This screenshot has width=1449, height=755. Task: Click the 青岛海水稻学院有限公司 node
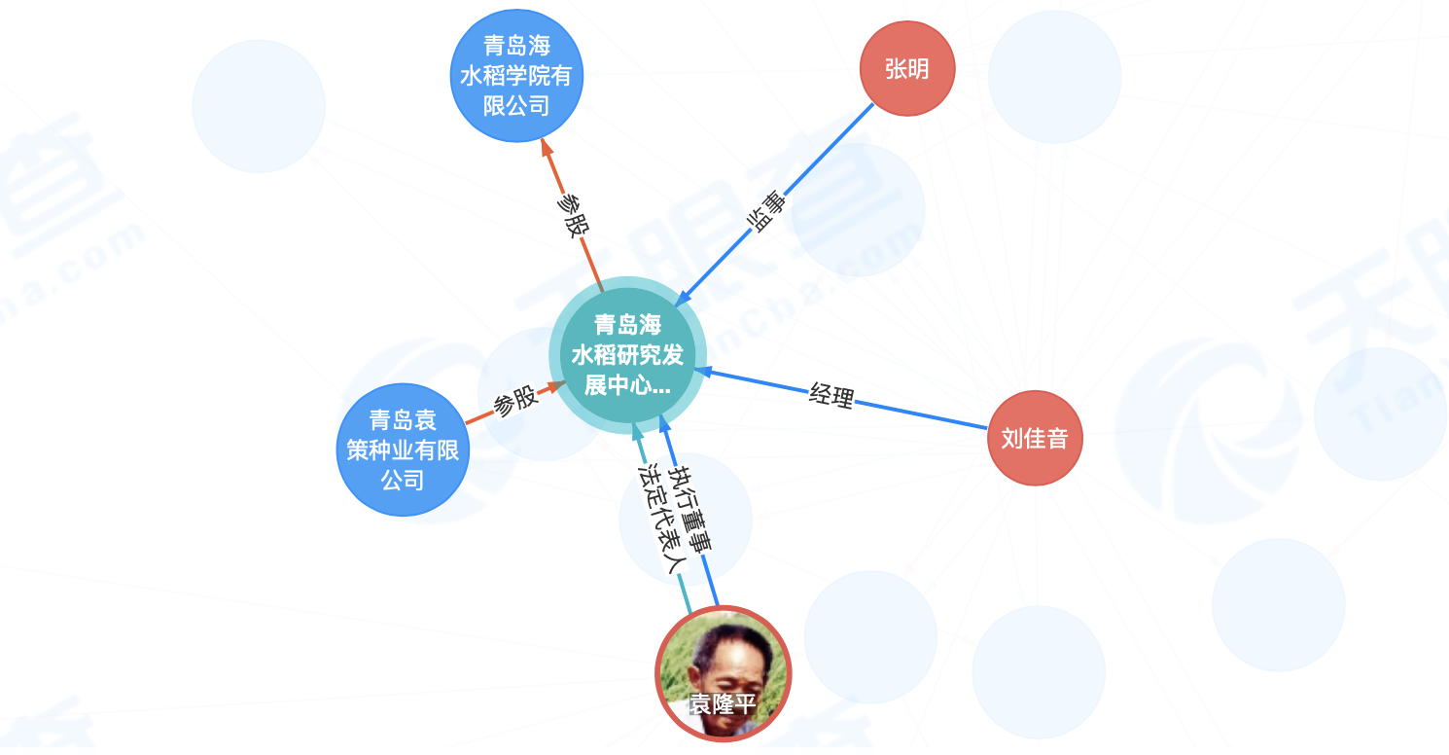pyautogui.click(x=516, y=76)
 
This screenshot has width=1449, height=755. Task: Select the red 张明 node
pyautogui.click(x=907, y=68)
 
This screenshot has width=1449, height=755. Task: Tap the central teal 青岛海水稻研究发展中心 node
pyautogui.click(x=627, y=355)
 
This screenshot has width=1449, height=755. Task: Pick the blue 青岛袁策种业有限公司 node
pyautogui.click(x=403, y=449)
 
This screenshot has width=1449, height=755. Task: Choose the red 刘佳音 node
pyautogui.click(x=1035, y=438)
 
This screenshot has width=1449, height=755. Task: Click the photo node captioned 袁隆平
pyautogui.click(x=724, y=673)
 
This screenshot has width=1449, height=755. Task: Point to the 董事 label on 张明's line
pyautogui.click(x=767, y=211)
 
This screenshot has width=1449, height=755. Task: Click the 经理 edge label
pyautogui.click(x=831, y=395)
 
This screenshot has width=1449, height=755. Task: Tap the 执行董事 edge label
pyautogui.click(x=690, y=509)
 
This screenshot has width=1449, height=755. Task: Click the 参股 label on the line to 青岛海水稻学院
pyautogui.click(x=573, y=215)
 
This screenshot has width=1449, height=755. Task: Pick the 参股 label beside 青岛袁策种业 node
pyautogui.click(x=515, y=401)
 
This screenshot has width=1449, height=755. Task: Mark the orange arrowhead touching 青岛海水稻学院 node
pyautogui.click(x=547, y=147)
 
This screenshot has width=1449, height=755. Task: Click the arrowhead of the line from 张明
pyautogui.click(x=683, y=299)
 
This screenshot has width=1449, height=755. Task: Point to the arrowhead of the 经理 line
pyautogui.click(x=702, y=372)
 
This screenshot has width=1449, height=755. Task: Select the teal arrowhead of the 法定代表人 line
pyautogui.click(x=637, y=432)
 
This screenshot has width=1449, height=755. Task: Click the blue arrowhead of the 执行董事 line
pyautogui.click(x=664, y=425)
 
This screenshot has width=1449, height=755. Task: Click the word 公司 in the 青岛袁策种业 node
pyautogui.click(x=403, y=480)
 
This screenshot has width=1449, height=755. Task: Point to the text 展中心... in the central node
pyautogui.click(x=627, y=385)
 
